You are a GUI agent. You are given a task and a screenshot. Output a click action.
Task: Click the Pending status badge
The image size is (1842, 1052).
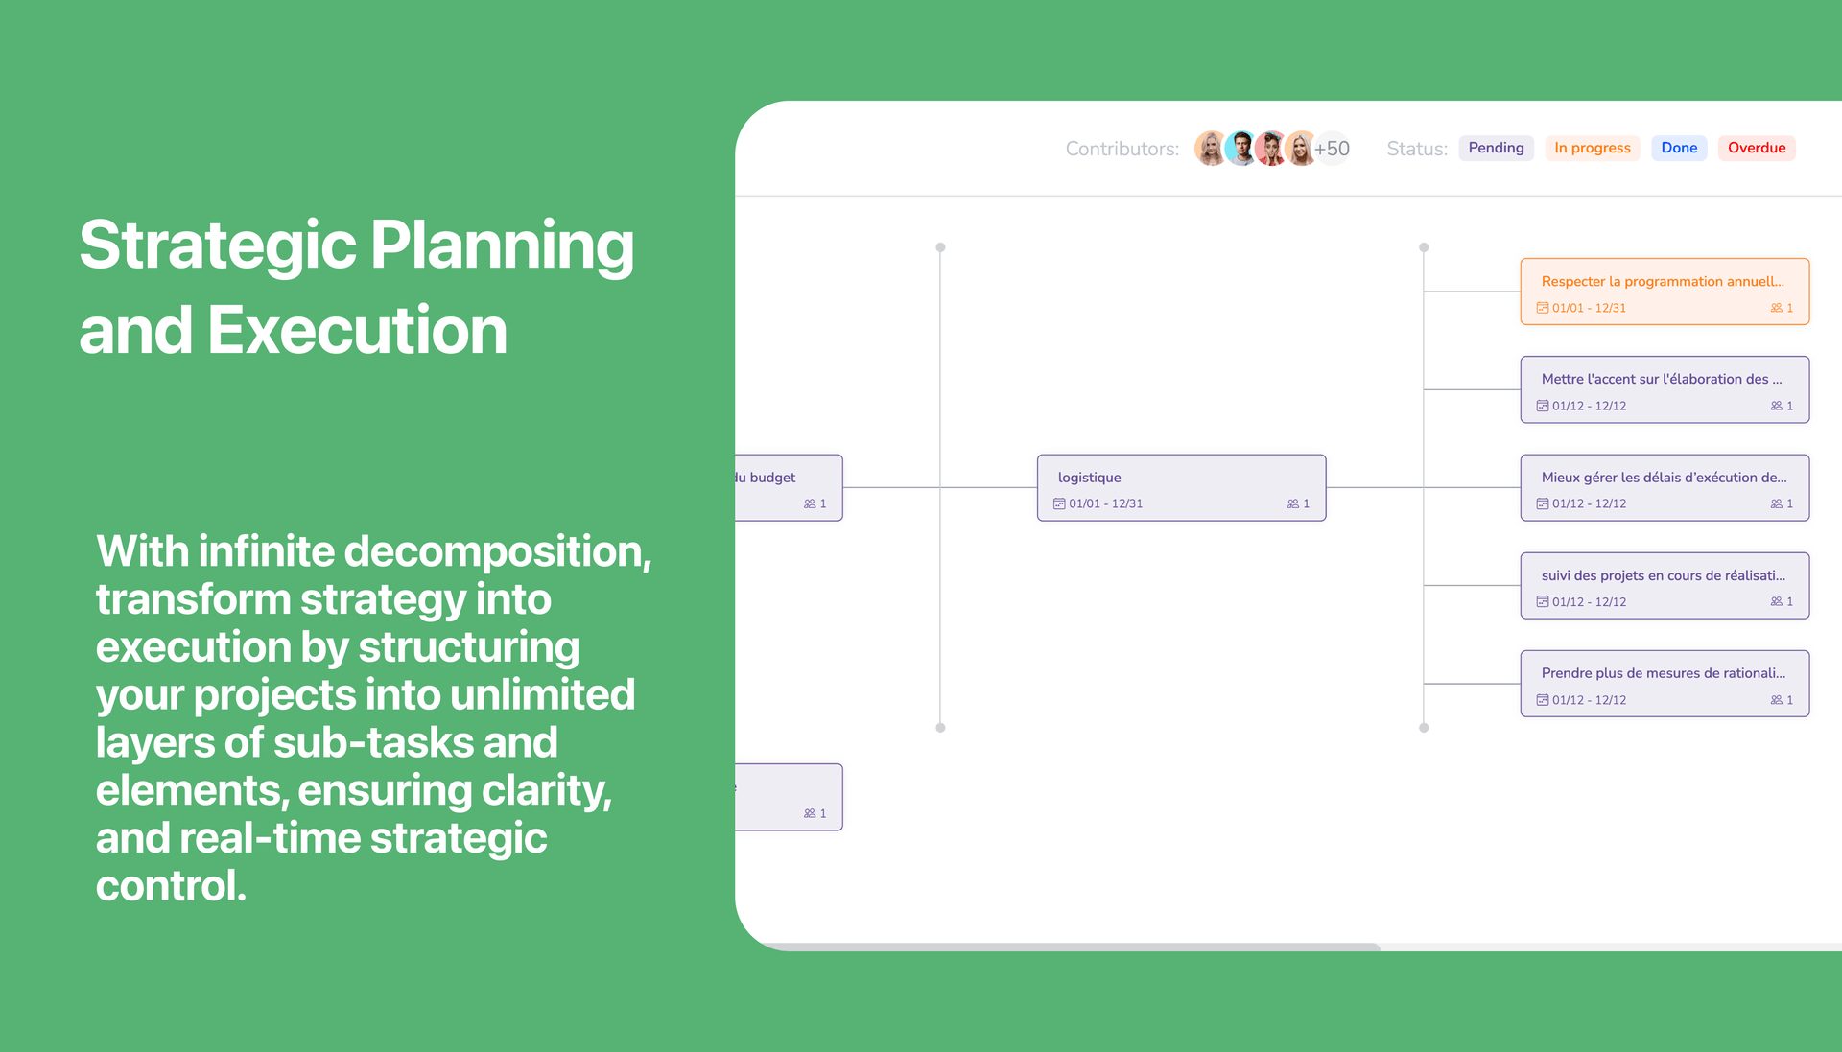(1496, 148)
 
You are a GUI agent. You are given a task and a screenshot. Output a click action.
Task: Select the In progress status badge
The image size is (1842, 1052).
(1592, 148)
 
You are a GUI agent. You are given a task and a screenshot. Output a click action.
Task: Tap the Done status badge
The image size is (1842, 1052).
(1679, 148)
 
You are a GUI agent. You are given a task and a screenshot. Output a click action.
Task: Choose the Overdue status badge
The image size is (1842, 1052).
(1756, 148)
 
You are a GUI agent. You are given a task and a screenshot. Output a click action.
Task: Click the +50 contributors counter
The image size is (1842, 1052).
(1333, 149)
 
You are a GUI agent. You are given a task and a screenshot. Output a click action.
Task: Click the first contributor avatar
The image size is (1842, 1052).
(1210, 149)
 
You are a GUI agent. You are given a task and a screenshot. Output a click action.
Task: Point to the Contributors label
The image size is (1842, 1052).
(1122, 149)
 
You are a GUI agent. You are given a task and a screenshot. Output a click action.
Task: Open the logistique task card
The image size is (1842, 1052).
(1181, 488)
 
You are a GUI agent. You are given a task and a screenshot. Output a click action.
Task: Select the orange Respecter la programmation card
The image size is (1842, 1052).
(1665, 292)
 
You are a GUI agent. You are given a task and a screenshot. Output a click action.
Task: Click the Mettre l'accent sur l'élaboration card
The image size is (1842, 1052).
(1665, 389)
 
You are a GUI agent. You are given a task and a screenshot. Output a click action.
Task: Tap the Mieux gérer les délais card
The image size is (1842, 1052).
(1665, 488)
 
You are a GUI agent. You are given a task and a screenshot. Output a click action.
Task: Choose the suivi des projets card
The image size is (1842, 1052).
(1665, 586)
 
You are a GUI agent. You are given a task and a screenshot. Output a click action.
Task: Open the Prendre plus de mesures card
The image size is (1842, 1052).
(1665, 684)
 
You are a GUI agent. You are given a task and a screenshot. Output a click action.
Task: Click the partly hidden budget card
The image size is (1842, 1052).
(789, 488)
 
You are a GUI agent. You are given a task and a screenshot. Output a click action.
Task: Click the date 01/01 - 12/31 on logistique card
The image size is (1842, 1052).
(1104, 503)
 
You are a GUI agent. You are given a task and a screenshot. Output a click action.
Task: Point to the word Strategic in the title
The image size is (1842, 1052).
(218, 245)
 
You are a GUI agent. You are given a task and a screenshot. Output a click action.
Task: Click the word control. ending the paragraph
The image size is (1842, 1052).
(171, 885)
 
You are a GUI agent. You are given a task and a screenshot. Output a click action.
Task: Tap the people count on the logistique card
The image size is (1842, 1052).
(1298, 503)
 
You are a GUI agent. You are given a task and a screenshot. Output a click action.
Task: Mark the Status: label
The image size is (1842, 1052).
(1416, 149)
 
